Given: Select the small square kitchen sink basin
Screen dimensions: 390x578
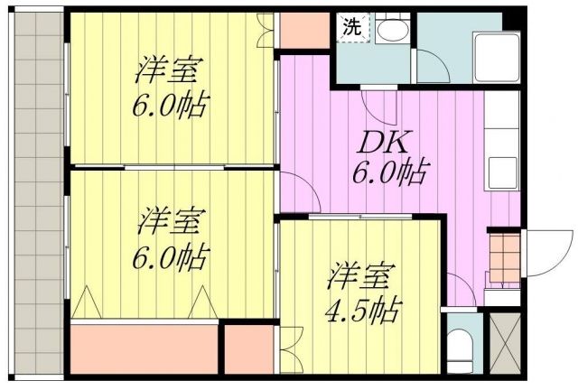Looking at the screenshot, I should (501, 168).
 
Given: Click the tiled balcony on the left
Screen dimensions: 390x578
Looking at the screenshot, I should (36, 194).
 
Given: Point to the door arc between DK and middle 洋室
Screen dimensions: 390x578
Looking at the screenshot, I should (296, 191).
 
